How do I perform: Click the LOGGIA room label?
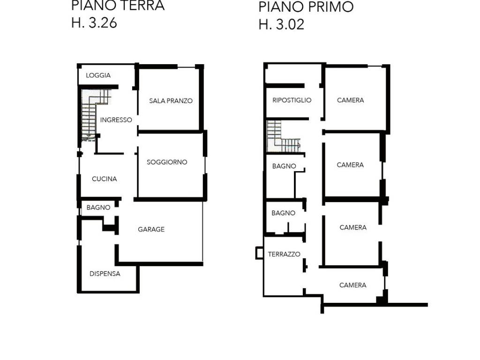point(98,75)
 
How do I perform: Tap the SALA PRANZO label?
point(171,101)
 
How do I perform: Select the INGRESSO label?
point(116,120)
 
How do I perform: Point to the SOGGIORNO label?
point(167,162)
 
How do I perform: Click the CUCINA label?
point(105,179)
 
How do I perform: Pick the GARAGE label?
point(151,229)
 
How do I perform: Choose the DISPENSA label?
point(105,274)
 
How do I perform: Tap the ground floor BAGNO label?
point(98,208)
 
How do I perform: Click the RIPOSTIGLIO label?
point(292,100)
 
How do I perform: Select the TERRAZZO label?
point(284,254)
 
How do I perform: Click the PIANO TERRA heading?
point(118,6)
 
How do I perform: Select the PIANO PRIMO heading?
point(306,7)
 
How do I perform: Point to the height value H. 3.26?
point(94,23)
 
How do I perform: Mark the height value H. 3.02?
point(281,24)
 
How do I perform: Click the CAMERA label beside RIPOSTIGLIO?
point(351,100)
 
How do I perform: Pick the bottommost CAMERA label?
point(352,285)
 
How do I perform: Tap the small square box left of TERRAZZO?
point(259,253)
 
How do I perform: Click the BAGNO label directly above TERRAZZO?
point(284,213)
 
